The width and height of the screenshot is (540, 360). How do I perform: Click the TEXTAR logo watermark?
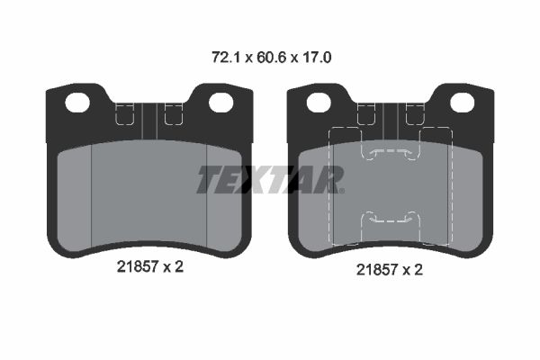271,179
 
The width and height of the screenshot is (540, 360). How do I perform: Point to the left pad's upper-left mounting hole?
77,103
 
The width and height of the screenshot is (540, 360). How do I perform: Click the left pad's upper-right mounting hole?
221,103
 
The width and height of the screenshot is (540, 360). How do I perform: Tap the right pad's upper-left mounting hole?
319,103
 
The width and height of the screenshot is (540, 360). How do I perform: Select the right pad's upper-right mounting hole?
463,103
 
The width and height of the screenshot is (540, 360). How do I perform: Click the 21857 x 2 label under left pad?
150,266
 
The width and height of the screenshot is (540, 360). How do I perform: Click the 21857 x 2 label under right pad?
390,269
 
